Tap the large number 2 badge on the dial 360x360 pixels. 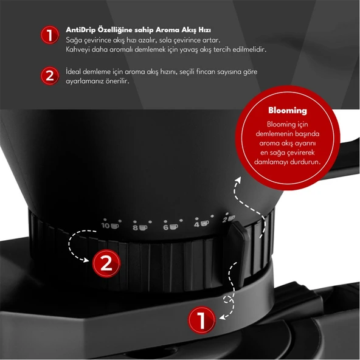[x=106, y=264]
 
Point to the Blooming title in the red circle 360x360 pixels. [x=288, y=111]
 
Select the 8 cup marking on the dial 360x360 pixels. [x=140, y=227]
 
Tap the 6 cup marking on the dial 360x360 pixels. [x=169, y=227]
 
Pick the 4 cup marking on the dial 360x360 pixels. [x=201, y=224]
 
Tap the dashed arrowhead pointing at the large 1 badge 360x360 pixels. [x=221, y=316]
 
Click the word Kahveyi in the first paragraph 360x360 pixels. [x=78, y=48]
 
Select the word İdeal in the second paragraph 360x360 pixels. [x=75, y=72]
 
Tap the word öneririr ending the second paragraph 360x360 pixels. [x=117, y=81]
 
